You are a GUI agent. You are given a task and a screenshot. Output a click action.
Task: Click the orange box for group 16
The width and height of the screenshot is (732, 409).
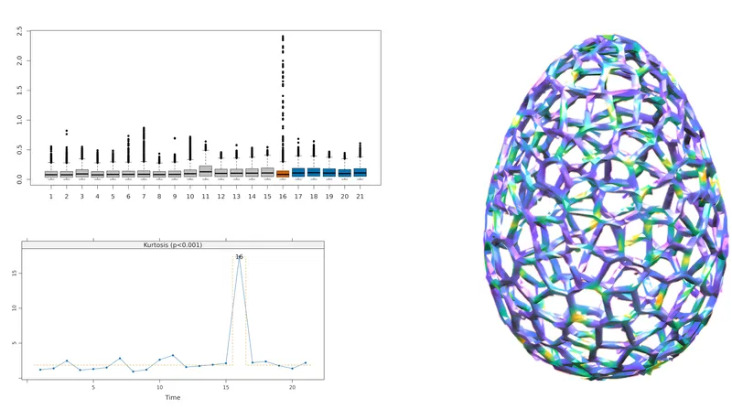point(283,173)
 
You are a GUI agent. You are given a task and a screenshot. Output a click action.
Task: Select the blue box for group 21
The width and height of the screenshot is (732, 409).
point(360,172)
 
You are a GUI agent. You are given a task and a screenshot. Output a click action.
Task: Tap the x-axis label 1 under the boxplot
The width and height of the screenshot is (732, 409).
point(51,196)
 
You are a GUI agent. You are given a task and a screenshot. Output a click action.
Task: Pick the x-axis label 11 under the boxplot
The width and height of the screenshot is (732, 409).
point(205,196)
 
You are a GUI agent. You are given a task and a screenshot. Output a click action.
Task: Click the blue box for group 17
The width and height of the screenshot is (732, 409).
point(298,172)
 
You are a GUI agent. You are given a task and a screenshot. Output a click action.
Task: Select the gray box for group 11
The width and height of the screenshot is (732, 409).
point(205,171)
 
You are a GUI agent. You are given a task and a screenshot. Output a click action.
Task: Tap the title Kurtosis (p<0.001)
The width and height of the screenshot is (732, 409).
point(173,245)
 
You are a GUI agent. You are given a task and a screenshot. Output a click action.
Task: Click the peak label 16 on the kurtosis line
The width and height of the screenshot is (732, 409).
point(239,257)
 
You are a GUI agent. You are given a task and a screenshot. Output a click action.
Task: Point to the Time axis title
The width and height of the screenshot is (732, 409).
point(173,397)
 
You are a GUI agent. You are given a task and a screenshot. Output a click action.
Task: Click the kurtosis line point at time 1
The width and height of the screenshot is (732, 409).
point(40,370)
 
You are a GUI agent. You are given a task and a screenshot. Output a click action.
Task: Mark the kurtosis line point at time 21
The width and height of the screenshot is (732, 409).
point(306,363)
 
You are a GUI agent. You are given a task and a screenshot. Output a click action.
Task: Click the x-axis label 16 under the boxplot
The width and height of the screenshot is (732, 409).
point(283,196)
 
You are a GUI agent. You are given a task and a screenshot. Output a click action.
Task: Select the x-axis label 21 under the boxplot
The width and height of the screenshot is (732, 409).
point(360,196)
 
